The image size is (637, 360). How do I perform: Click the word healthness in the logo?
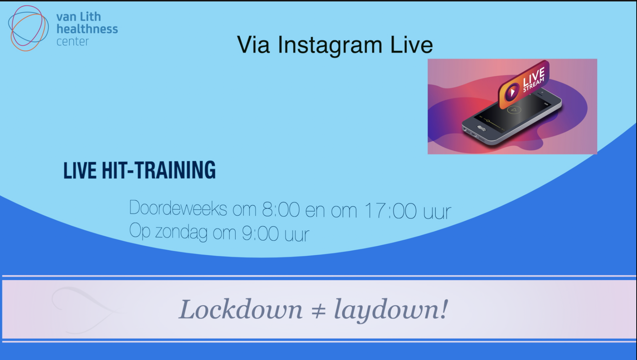(x=87, y=29)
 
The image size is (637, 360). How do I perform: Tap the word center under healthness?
(x=73, y=42)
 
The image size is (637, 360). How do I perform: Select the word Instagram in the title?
(x=330, y=46)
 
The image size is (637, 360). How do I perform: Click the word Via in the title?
(x=253, y=45)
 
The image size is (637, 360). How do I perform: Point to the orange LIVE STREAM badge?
(x=524, y=85)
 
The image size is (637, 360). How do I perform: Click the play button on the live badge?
(x=512, y=92)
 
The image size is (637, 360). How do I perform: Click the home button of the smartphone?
(x=481, y=128)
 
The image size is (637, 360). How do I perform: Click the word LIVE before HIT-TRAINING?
(x=80, y=170)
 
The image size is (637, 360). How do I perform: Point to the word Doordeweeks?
(x=178, y=208)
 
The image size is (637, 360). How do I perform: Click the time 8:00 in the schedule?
(x=281, y=209)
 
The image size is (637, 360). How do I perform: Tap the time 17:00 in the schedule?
(x=390, y=211)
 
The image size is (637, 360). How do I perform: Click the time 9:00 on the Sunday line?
(x=260, y=234)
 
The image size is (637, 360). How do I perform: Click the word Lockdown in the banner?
(x=241, y=309)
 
